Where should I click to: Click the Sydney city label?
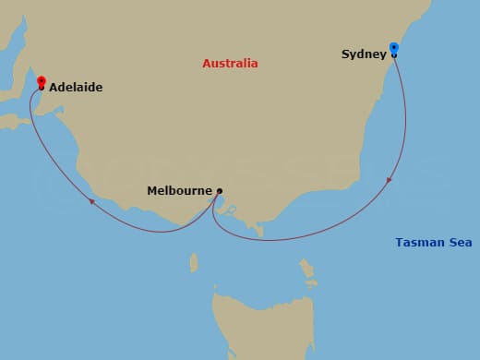click(x=364, y=54)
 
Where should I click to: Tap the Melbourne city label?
click(x=179, y=191)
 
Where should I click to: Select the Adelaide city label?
click(x=76, y=88)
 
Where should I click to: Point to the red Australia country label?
click(x=230, y=64)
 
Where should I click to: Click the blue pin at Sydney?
click(x=394, y=48)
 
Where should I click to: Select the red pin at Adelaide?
click(x=42, y=82)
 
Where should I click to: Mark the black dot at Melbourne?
click(x=219, y=191)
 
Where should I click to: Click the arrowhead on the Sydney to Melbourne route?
click(x=390, y=179)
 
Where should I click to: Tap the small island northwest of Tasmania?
click(x=194, y=263)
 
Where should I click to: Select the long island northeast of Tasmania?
click(x=306, y=270)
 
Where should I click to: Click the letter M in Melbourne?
click(x=152, y=191)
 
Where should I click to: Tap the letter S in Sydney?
click(x=345, y=54)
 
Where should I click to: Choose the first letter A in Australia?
click(x=207, y=64)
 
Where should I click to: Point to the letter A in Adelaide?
click(x=54, y=88)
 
